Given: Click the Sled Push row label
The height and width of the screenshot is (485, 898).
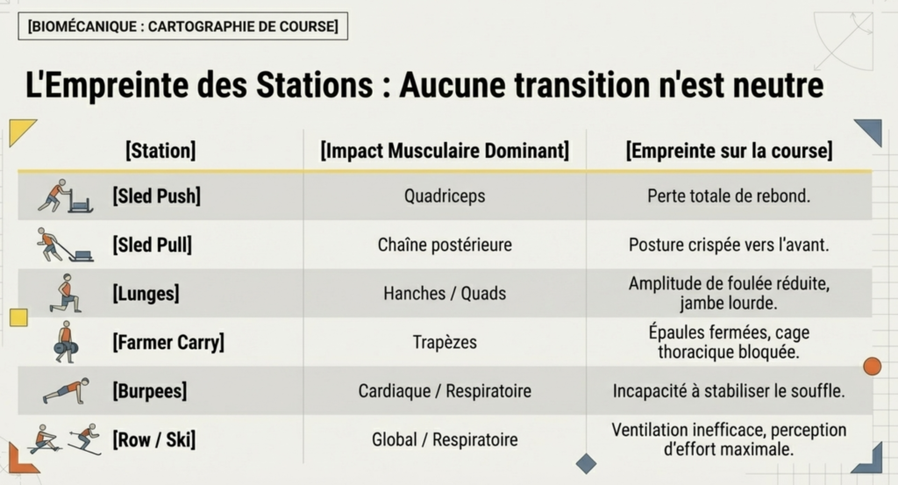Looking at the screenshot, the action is click(156, 196).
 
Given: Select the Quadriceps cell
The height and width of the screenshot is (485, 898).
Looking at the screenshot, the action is click(445, 196).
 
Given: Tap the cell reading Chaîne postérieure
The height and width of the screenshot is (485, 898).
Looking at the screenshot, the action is click(445, 245).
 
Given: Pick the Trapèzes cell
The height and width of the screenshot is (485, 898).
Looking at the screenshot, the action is click(445, 342).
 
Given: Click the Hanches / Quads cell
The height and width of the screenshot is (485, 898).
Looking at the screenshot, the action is click(445, 293).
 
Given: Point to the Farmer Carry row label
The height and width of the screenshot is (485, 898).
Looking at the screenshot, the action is click(168, 342).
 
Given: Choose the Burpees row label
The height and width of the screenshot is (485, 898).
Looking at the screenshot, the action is click(149, 391).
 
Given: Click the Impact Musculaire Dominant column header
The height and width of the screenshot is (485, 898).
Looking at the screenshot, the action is click(445, 151).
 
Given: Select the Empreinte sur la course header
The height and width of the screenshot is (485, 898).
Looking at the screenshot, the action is click(729, 151).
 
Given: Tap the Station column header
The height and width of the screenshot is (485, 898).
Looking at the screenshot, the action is click(160, 151).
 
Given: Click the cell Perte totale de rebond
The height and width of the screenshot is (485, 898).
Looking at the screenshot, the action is click(729, 196).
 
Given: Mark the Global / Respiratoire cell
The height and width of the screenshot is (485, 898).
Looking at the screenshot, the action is click(445, 439).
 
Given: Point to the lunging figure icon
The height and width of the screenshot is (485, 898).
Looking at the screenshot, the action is click(66, 293).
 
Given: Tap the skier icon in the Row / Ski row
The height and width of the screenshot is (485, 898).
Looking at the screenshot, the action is click(85, 439).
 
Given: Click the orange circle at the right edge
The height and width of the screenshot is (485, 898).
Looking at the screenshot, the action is click(873, 367).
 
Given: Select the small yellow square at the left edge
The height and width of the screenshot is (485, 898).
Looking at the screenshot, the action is click(19, 317).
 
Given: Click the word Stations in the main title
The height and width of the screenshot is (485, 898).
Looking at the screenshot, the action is click(315, 85).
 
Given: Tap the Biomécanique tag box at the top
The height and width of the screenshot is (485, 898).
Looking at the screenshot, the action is click(182, 26).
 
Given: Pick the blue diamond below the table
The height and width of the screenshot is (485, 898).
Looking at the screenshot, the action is click(586, 463).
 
